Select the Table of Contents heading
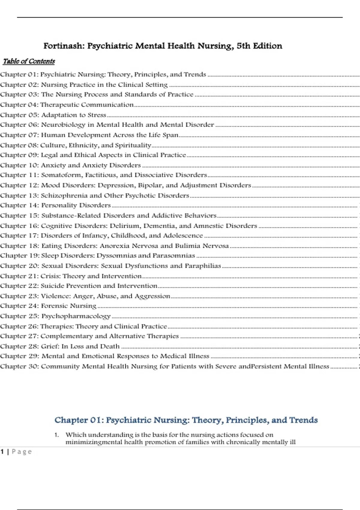29,61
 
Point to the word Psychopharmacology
76,316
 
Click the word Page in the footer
22,452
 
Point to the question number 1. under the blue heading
57,435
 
